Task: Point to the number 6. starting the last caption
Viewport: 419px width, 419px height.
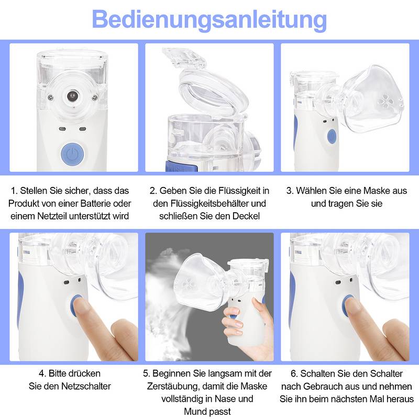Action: pyautogui.click(x=294, y=374)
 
